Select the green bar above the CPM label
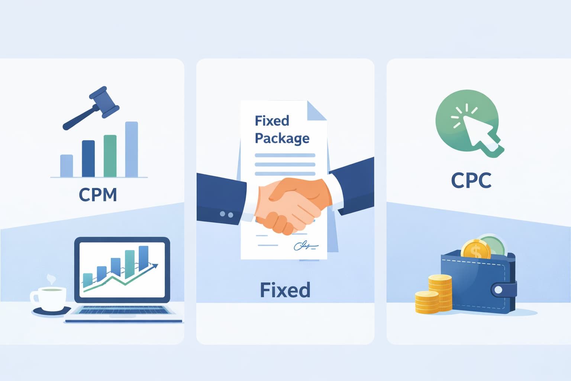tap(110, 156)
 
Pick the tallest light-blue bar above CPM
tap(132, 149)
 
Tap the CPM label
tap(98, 195)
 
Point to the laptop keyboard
tap(123, 310)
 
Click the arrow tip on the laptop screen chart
tap(155, 266)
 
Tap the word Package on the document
tap(282, 138)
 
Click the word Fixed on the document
tap(272, 121)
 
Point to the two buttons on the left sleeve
tap(226, 215)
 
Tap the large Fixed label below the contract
tap(285, 290)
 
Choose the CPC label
tap(471, 181)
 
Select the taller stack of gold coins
tap(440, 292)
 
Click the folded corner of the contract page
tap(316, 111)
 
